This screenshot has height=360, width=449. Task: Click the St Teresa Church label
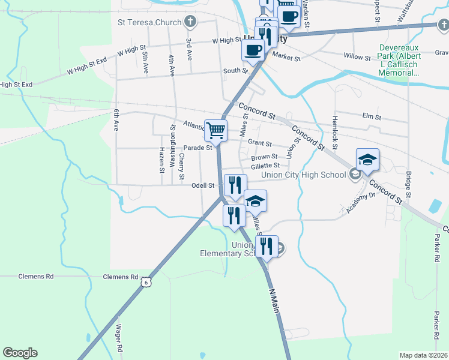(x=149, y=23)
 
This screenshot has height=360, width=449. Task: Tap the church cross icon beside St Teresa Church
(x=190, y=23)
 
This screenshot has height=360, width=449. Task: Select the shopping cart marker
(x=216, y=129)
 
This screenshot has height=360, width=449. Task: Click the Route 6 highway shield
(x=145, y=281)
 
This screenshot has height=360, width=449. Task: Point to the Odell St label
(x=203, y=185)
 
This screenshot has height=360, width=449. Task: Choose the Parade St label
(x=198, y=148)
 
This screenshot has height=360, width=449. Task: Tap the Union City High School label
(x=304, y=175)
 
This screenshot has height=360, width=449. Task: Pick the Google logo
(x=20, y=353)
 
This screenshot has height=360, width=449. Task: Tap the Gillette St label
(x=265, y=165)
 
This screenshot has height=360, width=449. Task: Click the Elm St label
(x=372, y=116)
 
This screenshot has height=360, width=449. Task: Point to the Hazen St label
(x=161, y=160)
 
